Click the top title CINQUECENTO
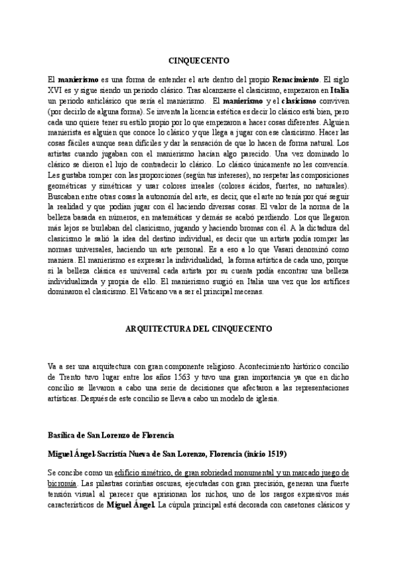click(199, 58)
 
